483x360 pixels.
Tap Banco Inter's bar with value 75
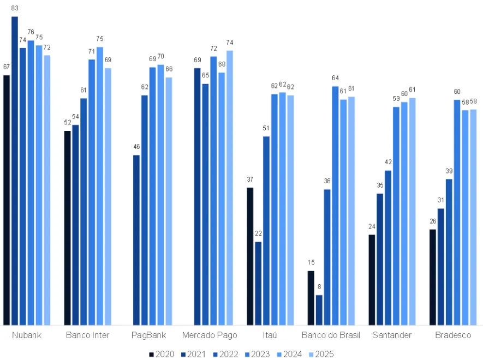pyautogui.click(x=100, y=186)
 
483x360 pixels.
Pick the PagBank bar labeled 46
pyautogui.click(x=136, y=240)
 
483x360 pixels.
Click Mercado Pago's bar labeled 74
pyautogui.click(x=230, y=188)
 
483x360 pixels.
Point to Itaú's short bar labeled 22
pyautogui.click(x=258, y=283)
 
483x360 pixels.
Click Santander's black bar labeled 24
pyautogui.click(x=372, y=280)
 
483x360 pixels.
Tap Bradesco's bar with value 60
pyautogui.click(x=457, y=212)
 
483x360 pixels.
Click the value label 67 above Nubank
pyautogui.click(x=7, y=67)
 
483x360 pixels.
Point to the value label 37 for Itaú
pyautogui.click(x=250, y=179)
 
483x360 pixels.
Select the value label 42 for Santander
pyautogui.click(x=388, y=162)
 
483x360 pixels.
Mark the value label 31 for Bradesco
pyautogui.click(x=440, y=200)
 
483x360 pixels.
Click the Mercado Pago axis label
pyautogui.click(x=210, y=335)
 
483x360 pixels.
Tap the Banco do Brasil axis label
pyautogui.click(x=331, y=335)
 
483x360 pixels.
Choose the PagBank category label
pyautogui.click(x=148, y=335)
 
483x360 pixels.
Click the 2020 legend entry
pyautogui.click(x=161, y=354)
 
